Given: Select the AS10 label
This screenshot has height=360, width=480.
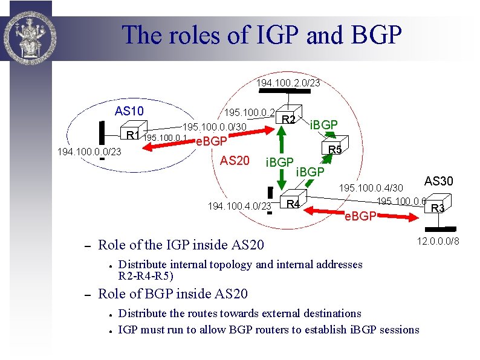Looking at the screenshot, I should pyautogui.click(x=129, y=111).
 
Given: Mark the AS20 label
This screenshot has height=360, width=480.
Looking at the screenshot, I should pyautogui.click(x=235, y=161).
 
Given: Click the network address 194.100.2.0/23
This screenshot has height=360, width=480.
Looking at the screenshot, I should pyautogui.click(x=288, y=82).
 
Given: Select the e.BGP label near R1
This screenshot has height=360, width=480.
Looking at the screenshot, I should pyautogui.click(x=212, y=141).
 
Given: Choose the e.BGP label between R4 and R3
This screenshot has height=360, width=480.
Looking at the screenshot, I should pyautogui.click(x=360, y=216).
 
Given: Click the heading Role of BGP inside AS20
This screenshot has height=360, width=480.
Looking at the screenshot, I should pyautogui.click(x=172, y=294).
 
